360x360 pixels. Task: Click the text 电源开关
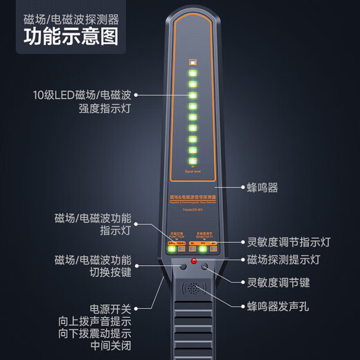click(110, 309)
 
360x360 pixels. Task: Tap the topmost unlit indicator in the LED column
click(194, 69)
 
